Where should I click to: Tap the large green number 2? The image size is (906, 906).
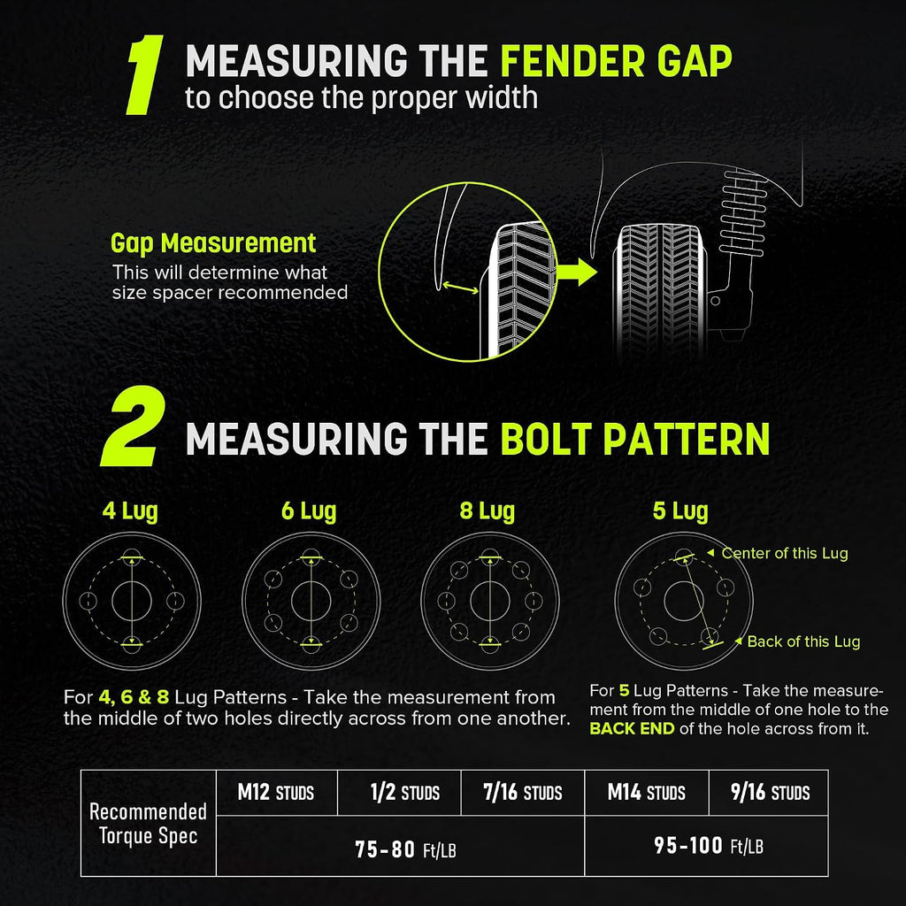pos(134,426)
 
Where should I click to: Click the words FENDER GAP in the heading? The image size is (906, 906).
pos(616,61)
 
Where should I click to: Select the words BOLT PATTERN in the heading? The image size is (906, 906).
pos(634,439)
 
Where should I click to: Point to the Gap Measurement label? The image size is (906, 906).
pos(213,244)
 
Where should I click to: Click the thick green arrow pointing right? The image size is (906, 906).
pos(577,272)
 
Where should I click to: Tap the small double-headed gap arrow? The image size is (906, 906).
pos(460,287)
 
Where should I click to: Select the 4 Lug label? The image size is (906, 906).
pos(130,511)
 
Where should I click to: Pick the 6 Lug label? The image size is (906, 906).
pos(309,511)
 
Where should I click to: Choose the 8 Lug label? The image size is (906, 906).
pos(488,511)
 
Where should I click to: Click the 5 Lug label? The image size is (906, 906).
pos(680,511)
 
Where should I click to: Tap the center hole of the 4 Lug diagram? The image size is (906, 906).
pos(132,601)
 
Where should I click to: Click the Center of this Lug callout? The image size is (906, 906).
pos(778,553)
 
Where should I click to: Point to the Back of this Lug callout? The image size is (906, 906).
pos(798,641)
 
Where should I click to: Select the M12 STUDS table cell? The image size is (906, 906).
pos(276,792)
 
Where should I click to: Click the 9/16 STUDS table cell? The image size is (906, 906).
pos(769,792)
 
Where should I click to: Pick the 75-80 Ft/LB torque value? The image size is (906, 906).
pos(405,849)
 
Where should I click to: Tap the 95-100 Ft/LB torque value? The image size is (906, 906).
pos(709,846)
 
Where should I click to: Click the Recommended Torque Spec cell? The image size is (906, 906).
pos(149,824)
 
